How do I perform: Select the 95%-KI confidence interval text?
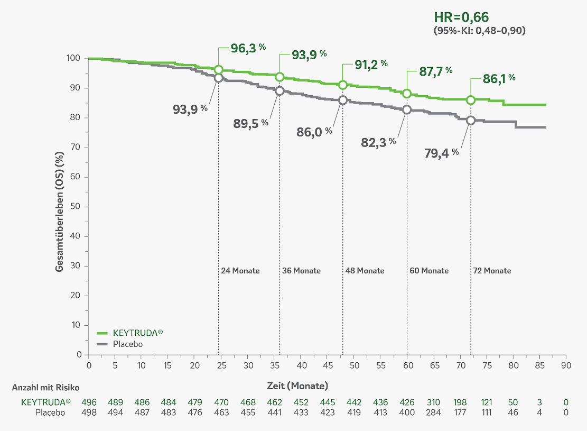click(x=479, y=31)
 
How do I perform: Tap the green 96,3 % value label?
click(x=248, y=48)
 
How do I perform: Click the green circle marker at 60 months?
click(x=407, y=94)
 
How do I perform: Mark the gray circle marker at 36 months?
click(x=279, y=91)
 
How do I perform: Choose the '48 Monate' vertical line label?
click(x=365, y=271)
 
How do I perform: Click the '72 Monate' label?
click(x=491, y=271)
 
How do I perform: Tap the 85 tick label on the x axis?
click(x=539, y=365)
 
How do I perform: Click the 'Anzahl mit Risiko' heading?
click(x=45, y=387)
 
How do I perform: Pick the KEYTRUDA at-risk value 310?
click(x=433, y=402)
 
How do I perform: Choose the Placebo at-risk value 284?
click(x=433, y=412)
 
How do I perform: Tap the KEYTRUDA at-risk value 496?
click(x=89, y=402)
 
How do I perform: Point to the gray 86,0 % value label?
click(x=314, y=132)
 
